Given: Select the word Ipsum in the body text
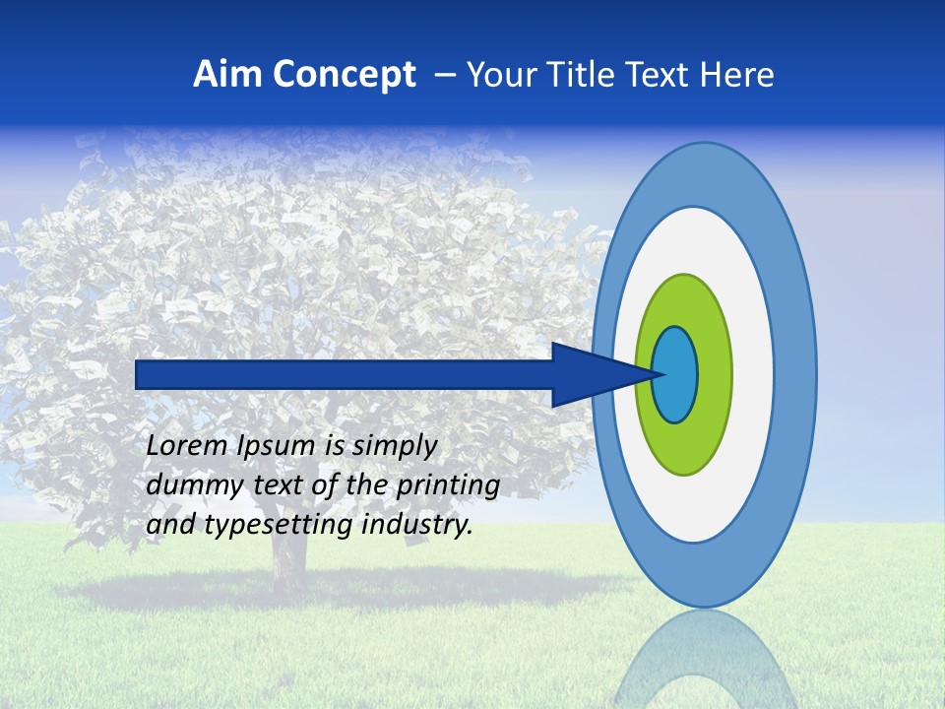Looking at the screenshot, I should pyautogui.click(x=278, y=446).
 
